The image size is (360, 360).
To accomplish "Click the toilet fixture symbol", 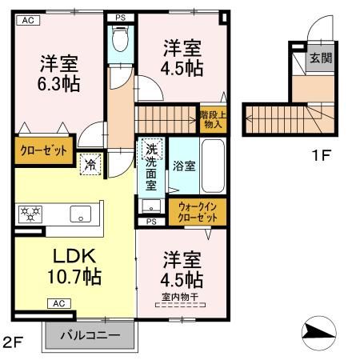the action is pos(120,38).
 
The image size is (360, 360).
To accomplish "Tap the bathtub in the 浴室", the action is pos(213,166).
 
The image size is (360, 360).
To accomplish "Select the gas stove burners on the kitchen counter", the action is pos(30,214).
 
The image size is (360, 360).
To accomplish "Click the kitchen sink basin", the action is pos(80,214).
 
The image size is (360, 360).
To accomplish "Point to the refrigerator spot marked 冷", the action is pos(90,164).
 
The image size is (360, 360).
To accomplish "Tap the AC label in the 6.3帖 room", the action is pos(28,20).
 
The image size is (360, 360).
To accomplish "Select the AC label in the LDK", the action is pos(59,303).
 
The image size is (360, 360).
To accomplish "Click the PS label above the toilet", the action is pos(121,18).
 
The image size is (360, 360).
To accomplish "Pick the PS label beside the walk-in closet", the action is pos(151,222).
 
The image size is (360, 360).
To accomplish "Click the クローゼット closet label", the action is pos(43,150).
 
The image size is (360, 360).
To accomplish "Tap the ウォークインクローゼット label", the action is pos(198,212).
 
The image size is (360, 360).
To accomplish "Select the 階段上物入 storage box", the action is pos(213,119).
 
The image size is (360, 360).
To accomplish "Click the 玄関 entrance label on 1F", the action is pos(321,58).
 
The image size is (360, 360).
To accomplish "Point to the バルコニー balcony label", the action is pos(90,335).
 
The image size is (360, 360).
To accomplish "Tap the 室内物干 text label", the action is pos(180,297).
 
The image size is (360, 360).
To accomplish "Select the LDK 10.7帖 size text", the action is pos(74,266).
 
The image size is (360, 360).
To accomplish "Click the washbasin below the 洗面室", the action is pos(151,206).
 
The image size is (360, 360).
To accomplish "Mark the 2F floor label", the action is pos(14,342).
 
